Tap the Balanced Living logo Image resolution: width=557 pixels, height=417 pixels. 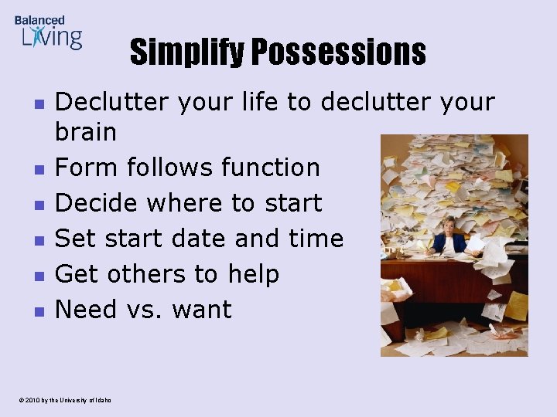tap(48, 32)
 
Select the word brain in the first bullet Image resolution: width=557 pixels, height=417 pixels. tap(86, 132)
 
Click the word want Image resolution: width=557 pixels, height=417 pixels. tap(202, 310)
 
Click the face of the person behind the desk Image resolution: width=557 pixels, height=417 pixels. tap(448, 225)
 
